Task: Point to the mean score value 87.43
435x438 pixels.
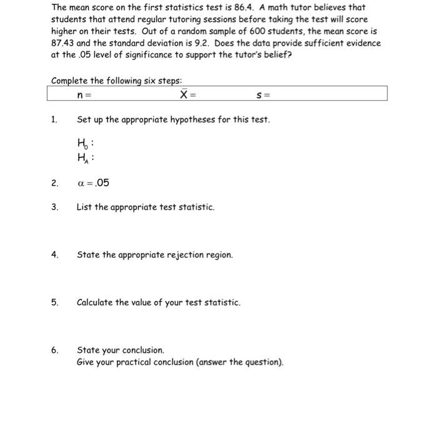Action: [63, 43]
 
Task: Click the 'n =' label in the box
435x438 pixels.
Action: [83, 95]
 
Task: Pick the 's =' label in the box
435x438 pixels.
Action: [262, 95]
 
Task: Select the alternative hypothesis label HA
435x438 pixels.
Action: [82, 158]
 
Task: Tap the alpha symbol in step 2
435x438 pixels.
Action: [80, 183]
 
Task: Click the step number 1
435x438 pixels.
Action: [54, 119]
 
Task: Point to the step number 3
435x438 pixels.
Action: [54, 207]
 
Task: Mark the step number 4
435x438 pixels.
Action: [54, 255]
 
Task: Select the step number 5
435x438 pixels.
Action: [54, 302]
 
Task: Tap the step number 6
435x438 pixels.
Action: [54, 350]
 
